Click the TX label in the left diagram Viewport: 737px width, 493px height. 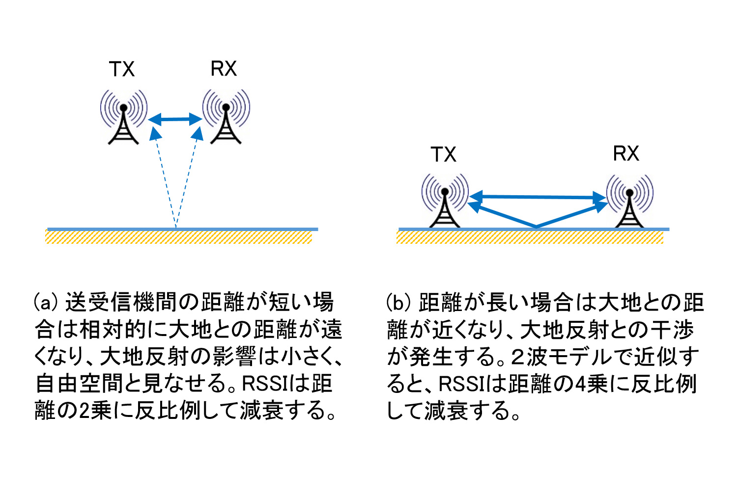pos(121,70)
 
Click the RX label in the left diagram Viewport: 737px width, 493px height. pos(224,69)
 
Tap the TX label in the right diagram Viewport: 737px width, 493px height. pos(443,155)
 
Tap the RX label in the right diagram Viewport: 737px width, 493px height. pos(626,154)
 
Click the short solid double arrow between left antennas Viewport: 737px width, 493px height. pos(175,119)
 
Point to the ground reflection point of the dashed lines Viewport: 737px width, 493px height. pos(176,228)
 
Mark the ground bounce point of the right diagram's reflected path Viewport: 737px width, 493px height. pos(536,227)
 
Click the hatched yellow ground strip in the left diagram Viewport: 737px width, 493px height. pos(179,237)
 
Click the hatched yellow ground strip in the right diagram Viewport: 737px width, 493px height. pos(530,237)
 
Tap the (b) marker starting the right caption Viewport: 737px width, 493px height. pos(398,303)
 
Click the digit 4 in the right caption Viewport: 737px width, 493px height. pos(580,384)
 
